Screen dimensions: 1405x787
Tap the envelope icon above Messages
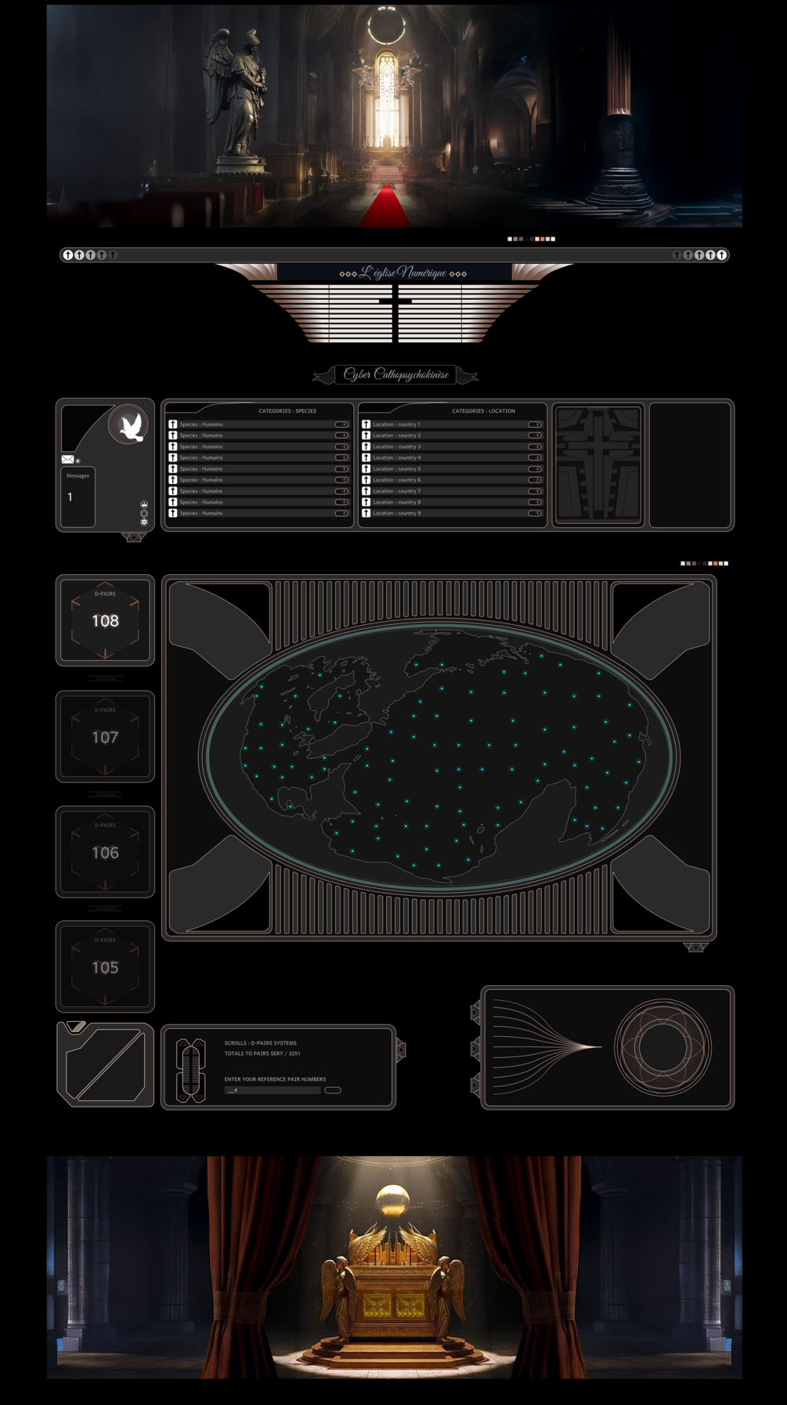(x=68, y=460)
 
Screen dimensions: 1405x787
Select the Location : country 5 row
(x=397, y=469)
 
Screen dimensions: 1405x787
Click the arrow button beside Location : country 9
(x=535, y=514)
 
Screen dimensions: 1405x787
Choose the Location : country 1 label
(x=397, y=424)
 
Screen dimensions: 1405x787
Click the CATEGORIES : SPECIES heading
(x=287, y=411)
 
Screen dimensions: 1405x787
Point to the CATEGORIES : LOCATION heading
(x=483, y=411)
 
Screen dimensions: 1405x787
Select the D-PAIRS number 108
(x=105, y=621)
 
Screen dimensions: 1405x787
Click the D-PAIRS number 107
(x=105, y=738)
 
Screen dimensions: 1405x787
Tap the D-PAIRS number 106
(x=105, y=853)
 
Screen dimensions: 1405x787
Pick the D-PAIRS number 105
(x=105, y=968)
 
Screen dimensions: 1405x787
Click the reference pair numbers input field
(x=273, y=1090)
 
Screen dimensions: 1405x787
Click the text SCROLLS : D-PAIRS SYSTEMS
(x=261, y=1043)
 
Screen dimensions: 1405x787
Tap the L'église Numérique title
(x=403, y=273)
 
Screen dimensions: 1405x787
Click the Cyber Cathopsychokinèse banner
(x=396, y=374)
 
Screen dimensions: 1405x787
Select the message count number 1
(x=70, y=497)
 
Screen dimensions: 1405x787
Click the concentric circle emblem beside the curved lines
(x=662, y=1047)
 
